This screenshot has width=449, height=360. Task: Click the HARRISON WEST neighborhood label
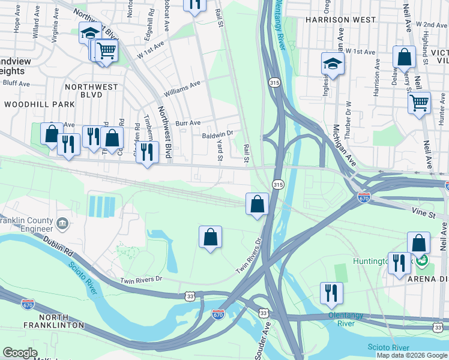pyautogui.click(x=339, y=19)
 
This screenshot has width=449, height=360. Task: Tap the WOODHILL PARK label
pyautogui.click(x=39, y=104)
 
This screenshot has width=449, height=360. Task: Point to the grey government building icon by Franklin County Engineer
pyautogui.click(x=62, y=224)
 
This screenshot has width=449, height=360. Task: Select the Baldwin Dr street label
pyautogui.click(x=217, y=136)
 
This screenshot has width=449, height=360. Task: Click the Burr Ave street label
pyautogui.click(x=187, y=122)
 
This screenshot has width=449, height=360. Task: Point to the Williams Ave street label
pyautogui.click(x=182, y=88)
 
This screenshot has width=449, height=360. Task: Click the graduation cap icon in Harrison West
pyautogui.click(x=333, y=63)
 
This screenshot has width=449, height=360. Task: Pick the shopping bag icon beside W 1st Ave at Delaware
pyautogui.click(x=405, y=57)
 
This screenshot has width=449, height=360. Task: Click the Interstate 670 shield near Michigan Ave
pyautogui.click(x=363, y=196)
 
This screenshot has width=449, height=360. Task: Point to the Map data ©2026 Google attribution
pyautogui.click(x=411, y=355)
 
